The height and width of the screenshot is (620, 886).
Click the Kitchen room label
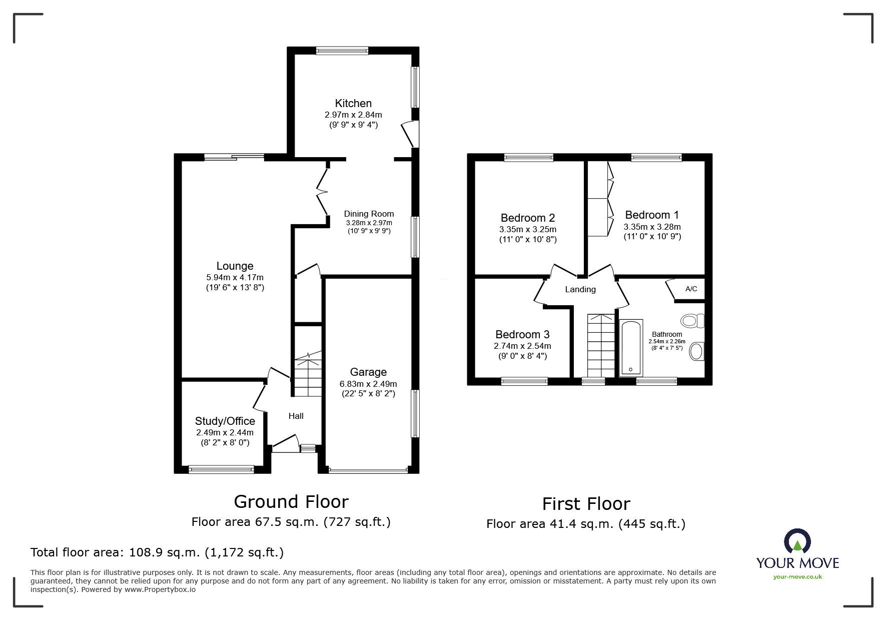pyautogui.click(x=353, y=104)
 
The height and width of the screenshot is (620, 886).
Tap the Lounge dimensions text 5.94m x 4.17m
pyautogui.click(x=235, y=277)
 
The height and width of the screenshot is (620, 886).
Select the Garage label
pyautogui.click(x=368, y=372)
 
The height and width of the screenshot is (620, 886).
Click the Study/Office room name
pyautogui.click(x=225, y=421)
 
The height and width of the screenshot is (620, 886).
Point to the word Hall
pyautogui.click(x=296, y=416)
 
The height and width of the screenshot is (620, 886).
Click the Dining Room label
pyautogui.click(x=369, y=214)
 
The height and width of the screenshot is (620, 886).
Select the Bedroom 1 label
pyautogui.click(x=652, y=215)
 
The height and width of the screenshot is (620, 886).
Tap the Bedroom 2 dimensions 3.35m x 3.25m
pyautogui.click(x=528, y=230)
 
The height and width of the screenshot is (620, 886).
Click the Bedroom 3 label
pyautogui.click(x=522, y=335)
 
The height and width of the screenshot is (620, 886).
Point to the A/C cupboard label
pyautogui.click(x=691, y=289)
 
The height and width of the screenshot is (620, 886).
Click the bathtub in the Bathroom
pyautogui.click(x=631, y=348)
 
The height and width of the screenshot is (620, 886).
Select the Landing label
pyautogui.click(x=580, y=289)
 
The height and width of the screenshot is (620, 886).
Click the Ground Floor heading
pyautogui.click(x=291, y=501)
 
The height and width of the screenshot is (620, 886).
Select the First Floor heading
pyautogui.click(x=586, y=503)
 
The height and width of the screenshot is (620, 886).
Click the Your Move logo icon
pyautogui.click(x=797, y=541)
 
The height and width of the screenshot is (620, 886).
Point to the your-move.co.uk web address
pyautogui.click(x=797, y=577)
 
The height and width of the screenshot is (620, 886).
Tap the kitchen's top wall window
pyautogui.click(x=342, y=50)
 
